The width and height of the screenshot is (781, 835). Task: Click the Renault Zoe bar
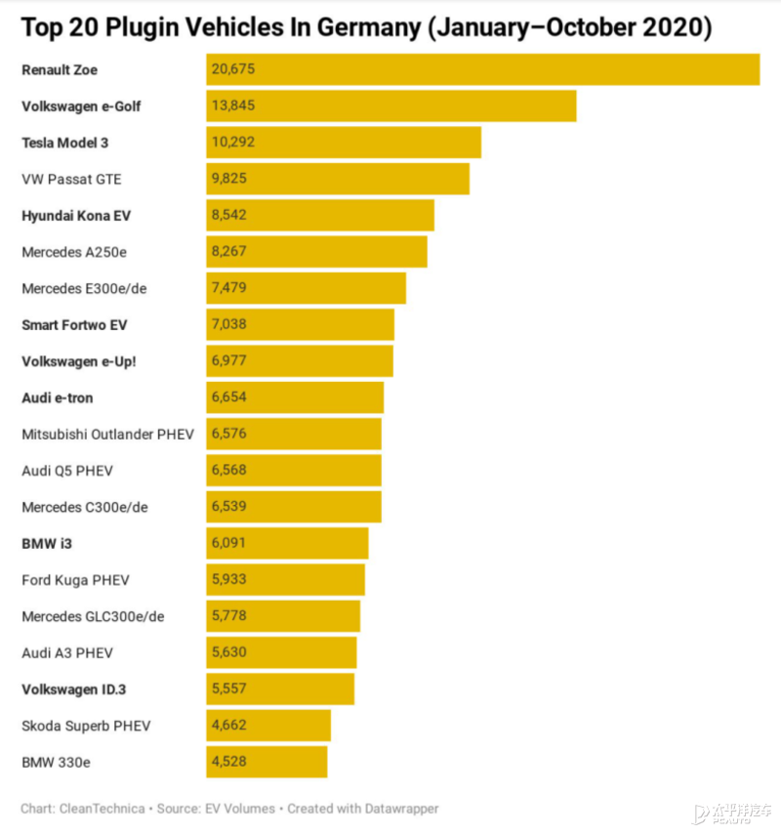[x=482, y=69]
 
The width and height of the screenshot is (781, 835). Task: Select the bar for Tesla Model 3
[x=344, y=143]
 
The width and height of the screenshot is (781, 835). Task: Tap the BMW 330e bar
[x=267, y=762]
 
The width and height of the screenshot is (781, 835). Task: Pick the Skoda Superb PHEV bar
[x=268, y=726]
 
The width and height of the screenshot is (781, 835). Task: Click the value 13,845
[x=232, y=105]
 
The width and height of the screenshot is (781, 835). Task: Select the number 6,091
[x=228, y=543]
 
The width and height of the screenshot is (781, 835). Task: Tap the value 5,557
[x=228, y=689]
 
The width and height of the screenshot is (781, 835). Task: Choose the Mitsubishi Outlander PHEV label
[x=107, y=434]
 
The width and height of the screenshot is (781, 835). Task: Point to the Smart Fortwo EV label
[x=74, y=324]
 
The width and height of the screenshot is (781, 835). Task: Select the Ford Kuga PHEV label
[x=74, y=580]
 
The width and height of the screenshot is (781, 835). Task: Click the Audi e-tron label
[x=58, y=397]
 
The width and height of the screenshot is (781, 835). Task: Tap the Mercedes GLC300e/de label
[x=93, y=616]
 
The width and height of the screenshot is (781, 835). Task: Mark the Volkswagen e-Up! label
[x=79, y=361]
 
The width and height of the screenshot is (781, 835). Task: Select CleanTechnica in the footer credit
[x=100, y=809]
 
